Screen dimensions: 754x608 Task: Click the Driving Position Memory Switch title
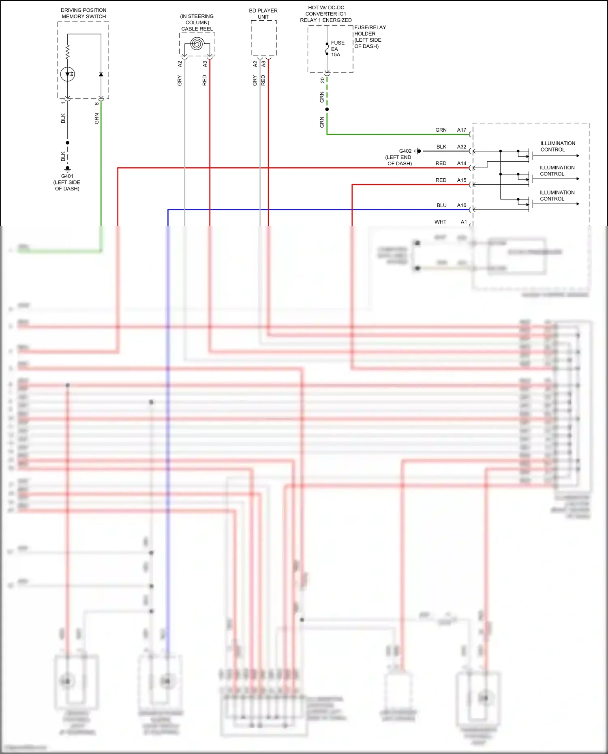pos(83,13)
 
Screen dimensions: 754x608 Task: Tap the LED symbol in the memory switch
pos(68,74)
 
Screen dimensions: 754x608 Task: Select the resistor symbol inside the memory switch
pos(68,52)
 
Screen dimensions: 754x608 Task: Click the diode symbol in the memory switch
pos(101,75)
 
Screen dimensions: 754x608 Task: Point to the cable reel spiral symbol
pos(197,43)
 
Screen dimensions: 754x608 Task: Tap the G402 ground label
pos(405,151)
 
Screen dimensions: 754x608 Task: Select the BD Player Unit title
pos(263,13)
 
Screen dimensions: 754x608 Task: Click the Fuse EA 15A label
pos(337,49)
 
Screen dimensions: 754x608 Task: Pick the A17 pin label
pos(462,130)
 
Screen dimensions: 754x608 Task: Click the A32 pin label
pos(462,147)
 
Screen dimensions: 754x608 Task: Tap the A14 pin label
pos(462,163)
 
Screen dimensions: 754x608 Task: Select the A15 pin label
pos(462,180)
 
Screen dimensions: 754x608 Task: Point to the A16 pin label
pos(462,205)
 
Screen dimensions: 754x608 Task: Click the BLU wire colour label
pos(441,205)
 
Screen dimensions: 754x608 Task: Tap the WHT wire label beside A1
pos(440,222)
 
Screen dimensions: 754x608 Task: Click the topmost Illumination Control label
pos(557,146)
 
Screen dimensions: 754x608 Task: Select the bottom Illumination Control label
pos(557,195)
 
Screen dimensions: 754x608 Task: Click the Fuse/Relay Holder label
pos(369,36)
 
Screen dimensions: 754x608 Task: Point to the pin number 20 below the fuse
pos(323,80)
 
